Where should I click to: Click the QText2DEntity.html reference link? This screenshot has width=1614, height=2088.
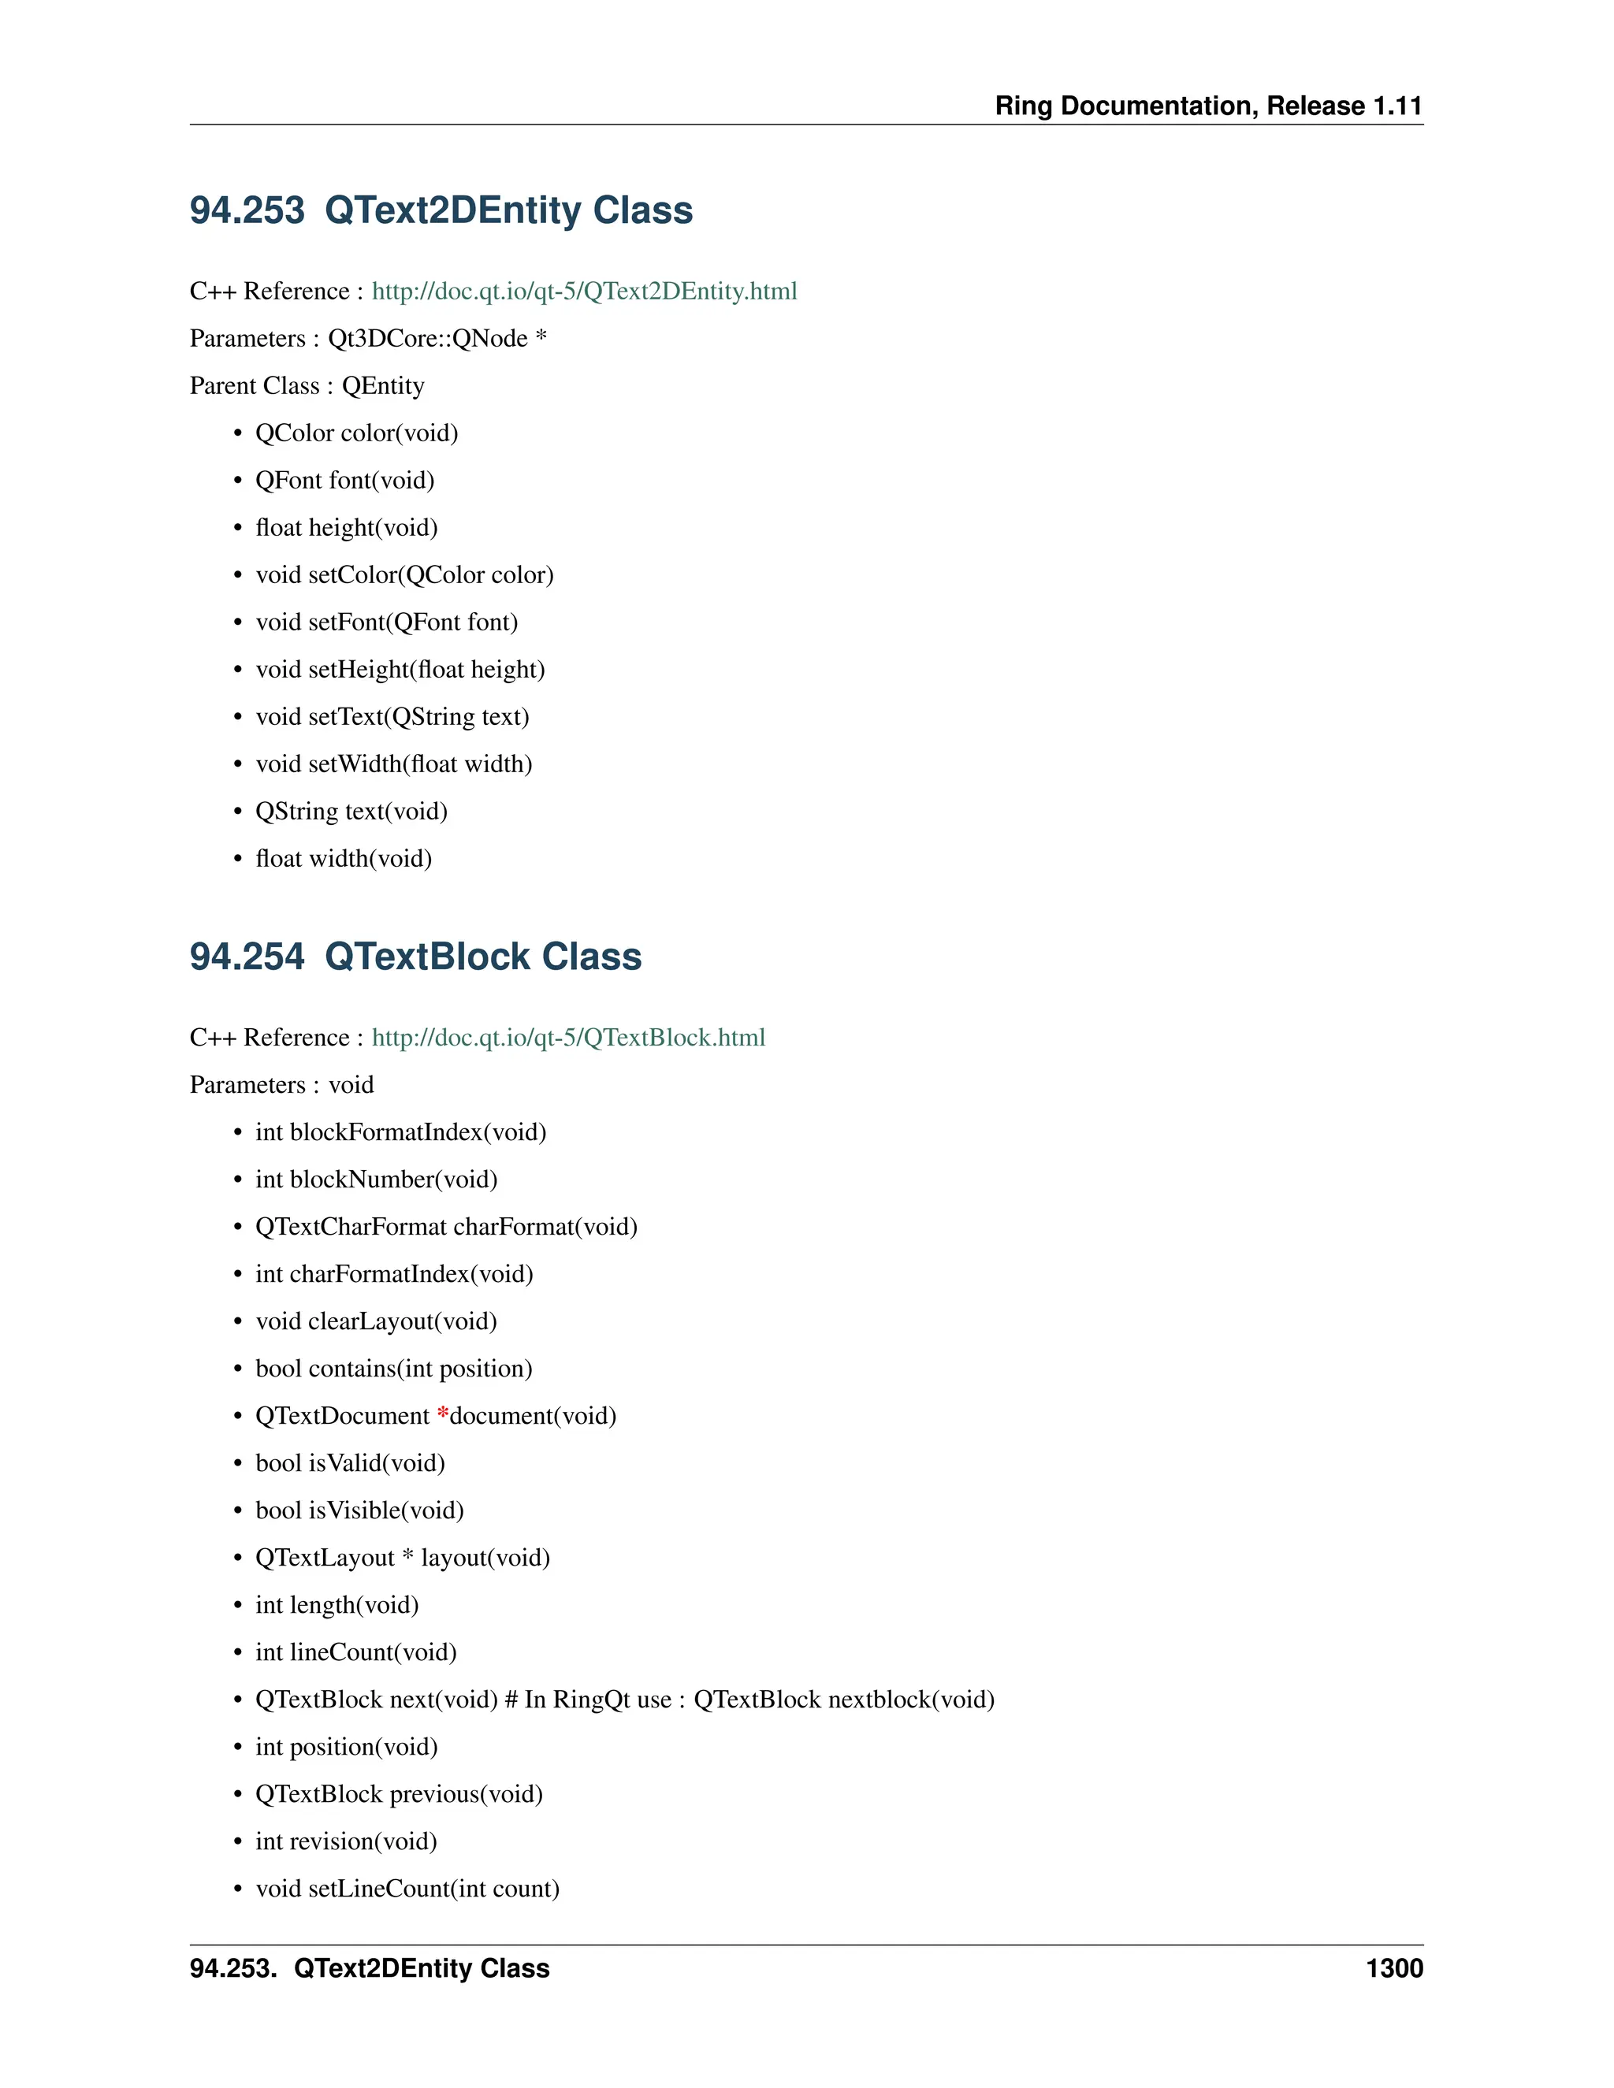[x=583, y=292]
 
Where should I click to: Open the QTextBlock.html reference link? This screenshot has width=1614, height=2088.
[x=568, y=1038]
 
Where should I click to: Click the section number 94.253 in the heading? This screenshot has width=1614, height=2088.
[x=247, y=211]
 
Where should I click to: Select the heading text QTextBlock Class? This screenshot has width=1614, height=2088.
[x=483, y=958]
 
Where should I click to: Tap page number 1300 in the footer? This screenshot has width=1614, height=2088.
[x=1394, y=1968]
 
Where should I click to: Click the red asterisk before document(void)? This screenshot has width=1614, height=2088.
[x=443, y=1415]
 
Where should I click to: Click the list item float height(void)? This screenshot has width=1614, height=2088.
[x=346, y=528]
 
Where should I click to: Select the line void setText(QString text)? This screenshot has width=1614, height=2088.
[x=392, y=717]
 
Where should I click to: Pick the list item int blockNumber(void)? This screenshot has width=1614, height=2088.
[x=376, y=1180]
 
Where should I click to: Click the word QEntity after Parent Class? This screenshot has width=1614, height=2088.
[x=382, y=386]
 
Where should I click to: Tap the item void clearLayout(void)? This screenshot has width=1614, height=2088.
[x=376, y=1321]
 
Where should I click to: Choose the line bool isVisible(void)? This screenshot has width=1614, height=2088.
[x=359, y=1510]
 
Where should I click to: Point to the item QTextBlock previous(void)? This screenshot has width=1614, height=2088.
[x=399, y=1794]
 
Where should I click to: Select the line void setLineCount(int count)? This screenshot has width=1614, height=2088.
[x=407, y=1889]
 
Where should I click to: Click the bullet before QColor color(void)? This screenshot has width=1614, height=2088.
[x=238, y=434]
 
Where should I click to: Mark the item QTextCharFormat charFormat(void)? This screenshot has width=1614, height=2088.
[x=445, y=1227]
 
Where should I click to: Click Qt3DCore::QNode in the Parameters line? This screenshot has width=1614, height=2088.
[x=427, y=340]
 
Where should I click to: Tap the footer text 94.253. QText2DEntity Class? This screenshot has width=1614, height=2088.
[x=369, y=1968]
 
